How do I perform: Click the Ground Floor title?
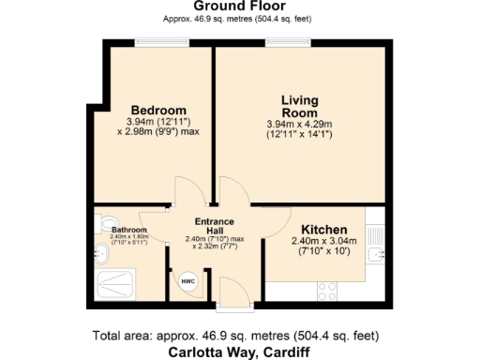(240, 6)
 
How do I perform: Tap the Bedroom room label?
(157, 110)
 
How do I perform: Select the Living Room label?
(300, 105)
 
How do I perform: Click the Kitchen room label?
(324, 230)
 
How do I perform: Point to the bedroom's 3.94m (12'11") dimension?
(157, 121)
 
